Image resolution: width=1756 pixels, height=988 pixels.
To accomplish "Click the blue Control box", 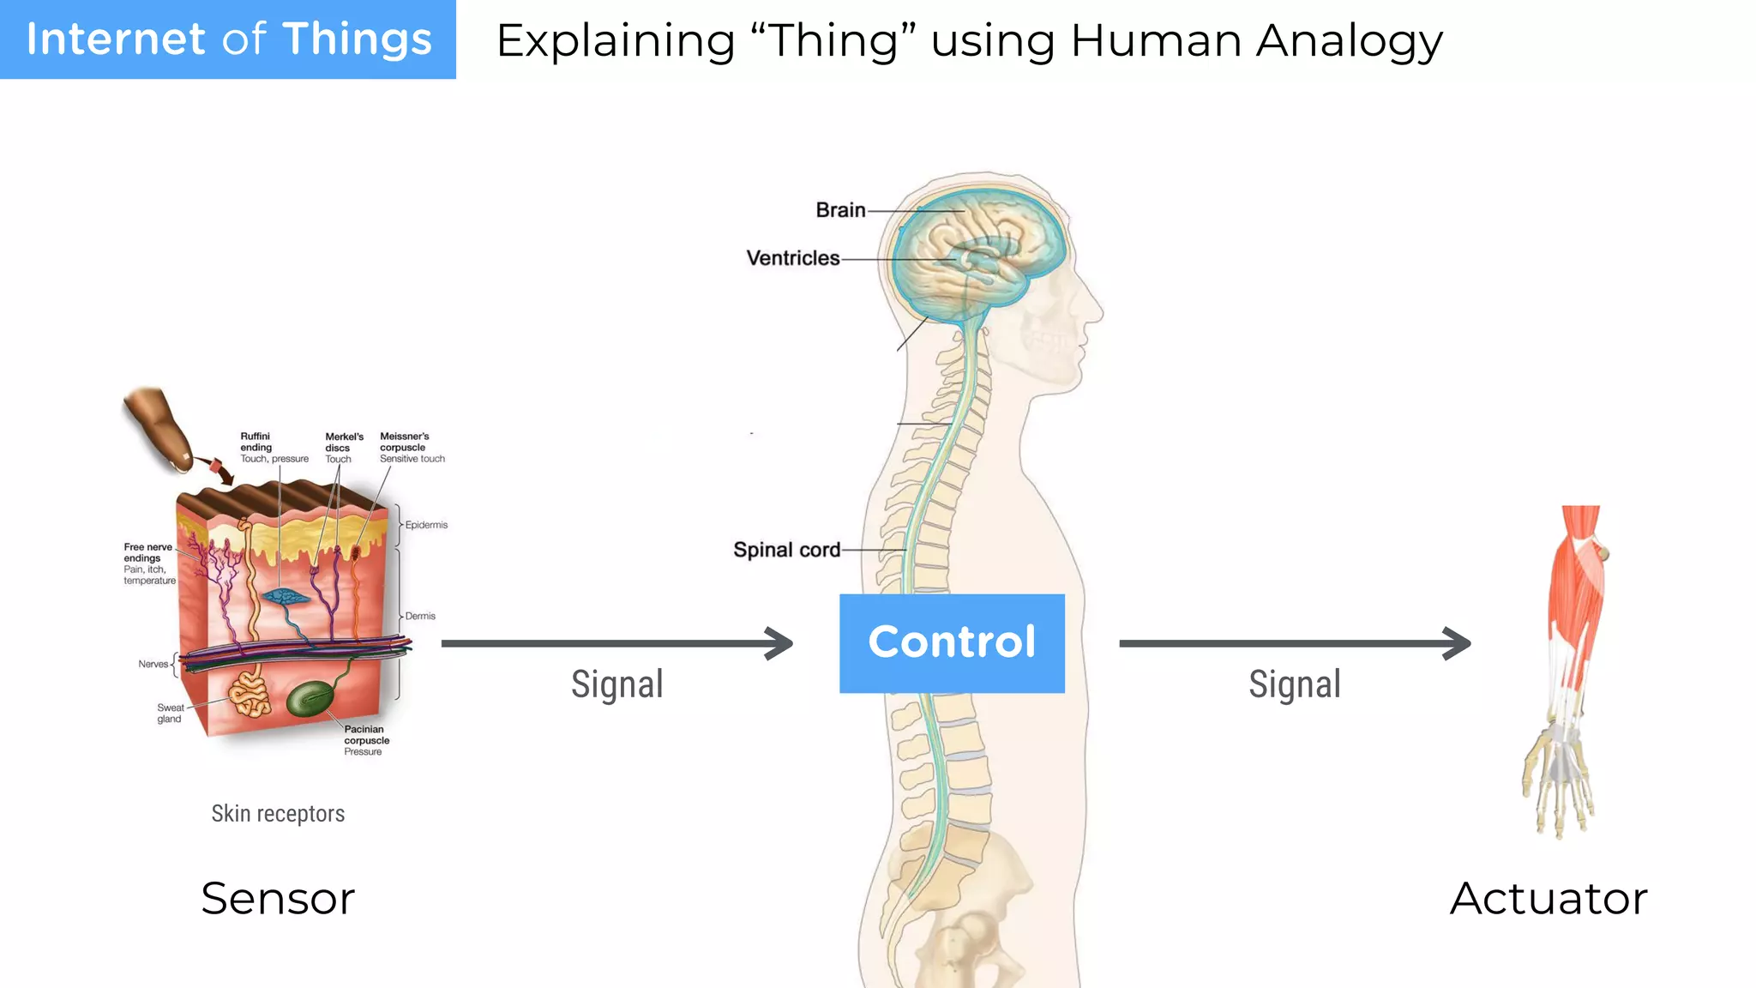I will point(952,643).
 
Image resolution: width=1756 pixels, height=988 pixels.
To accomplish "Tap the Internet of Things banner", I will point(228,39).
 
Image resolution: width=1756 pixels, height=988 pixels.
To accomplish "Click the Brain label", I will point(840,210).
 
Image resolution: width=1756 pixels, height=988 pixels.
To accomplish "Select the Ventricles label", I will point(792,258).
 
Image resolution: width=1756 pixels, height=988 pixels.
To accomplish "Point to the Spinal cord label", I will point(786,550).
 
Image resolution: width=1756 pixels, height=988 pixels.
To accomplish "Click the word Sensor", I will point(278,899).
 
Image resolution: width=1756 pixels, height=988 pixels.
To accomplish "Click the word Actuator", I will point(1549,899).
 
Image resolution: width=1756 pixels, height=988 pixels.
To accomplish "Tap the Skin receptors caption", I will point(278,813).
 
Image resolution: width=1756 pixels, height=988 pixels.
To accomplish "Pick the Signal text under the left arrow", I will point(617,684).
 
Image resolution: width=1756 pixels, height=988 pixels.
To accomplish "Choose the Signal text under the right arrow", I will point(1295,684).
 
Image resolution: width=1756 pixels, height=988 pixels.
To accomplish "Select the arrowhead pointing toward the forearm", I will point(1457,643).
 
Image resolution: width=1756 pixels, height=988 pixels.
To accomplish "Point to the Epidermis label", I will point(426,525).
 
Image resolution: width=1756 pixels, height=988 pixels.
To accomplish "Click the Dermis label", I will point(420,616).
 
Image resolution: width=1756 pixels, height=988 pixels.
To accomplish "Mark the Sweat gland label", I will point(170,714).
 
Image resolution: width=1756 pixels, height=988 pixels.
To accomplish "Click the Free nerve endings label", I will point(148,553).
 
